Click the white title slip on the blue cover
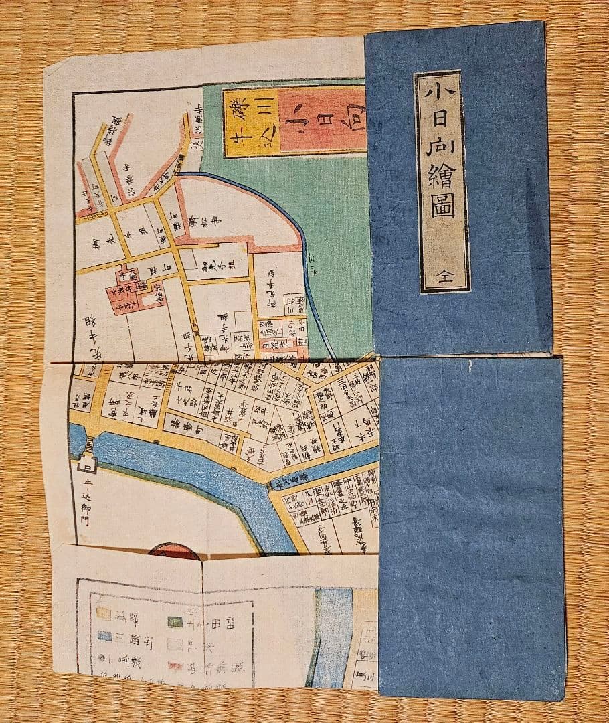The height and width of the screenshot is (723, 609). tap(442, 181)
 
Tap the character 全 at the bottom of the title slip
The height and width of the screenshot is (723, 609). tap(444, 277)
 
